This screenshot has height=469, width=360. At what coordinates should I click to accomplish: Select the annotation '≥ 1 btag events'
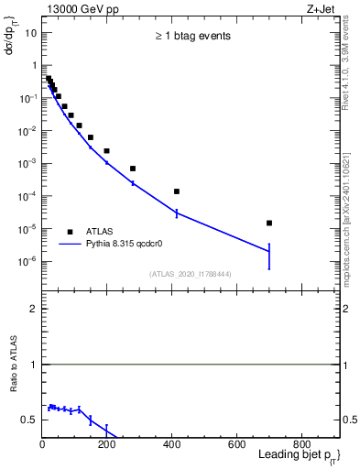[192, 37]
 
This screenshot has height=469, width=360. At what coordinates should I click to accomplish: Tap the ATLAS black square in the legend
[70, 232]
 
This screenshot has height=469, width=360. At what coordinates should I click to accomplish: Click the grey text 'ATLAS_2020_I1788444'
[190, 273]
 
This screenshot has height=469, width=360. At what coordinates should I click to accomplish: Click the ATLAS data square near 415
[177, 191]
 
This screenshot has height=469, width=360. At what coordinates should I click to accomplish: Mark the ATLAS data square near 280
[133, 169]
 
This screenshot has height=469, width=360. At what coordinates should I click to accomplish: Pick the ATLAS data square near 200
[107, 150]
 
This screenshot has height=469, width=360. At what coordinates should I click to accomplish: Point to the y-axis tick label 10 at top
[31, 33]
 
